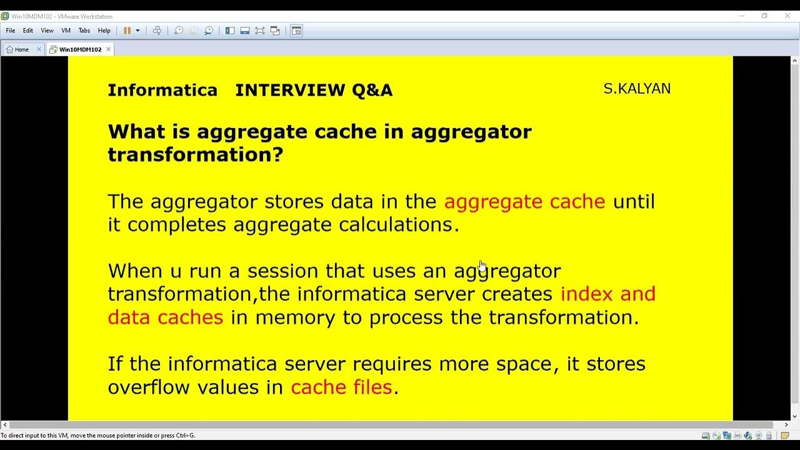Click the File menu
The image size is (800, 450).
click(x=11, y=31)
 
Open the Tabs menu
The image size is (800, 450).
click(x=84, y=31)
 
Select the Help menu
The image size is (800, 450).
click(x=104, y=31)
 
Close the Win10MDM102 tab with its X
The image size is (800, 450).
click(x=108, y=49)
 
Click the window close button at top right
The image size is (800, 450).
click(x=787, y=16)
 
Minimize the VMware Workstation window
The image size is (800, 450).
click(x=742, y=16)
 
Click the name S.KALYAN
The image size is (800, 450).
click(x=637, y=89)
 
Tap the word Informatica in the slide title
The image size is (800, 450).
click(x=162, y=90)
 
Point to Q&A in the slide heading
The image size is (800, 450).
click(x=372, y=90)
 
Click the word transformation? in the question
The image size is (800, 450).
click(x=195, y=154)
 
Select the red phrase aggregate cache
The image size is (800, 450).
click(x=524, y=201)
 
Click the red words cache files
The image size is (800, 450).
click(x=341, y=387)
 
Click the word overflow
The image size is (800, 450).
click(x=149, y=387)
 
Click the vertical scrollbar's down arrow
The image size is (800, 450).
click(x=795, y=416)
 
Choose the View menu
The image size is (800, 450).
click(x=47, y=31)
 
